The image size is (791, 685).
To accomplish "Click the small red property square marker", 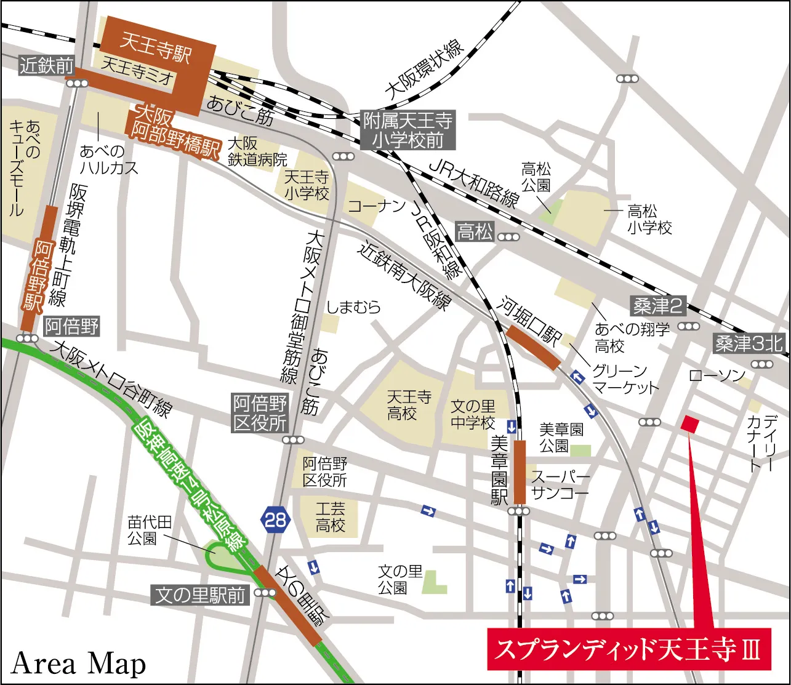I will (689, 423).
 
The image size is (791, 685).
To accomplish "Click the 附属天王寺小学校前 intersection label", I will (408, 130).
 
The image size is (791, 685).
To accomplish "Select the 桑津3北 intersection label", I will (749, 344).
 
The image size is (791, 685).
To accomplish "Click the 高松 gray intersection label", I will (475, 233).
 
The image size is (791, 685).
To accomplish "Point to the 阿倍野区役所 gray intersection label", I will (260, 414).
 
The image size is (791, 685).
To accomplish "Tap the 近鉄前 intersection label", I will (46, 65).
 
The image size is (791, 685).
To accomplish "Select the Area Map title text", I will (79, 664).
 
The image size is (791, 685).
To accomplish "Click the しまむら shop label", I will (354, 307).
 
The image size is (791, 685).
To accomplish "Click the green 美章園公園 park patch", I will (580, 451).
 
